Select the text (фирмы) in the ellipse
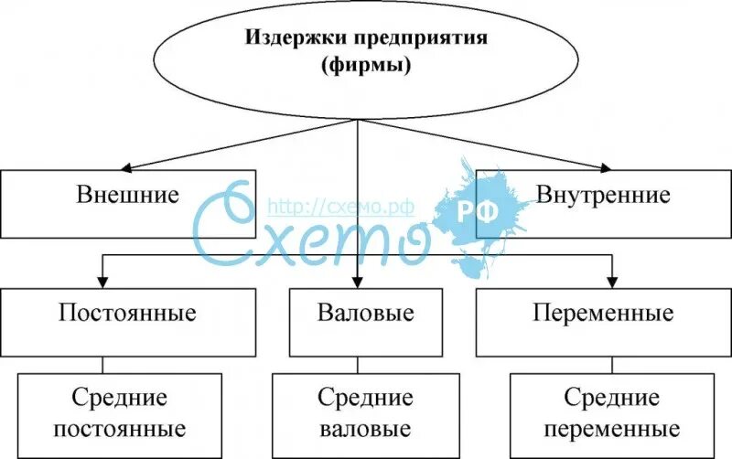(x=356, y=66)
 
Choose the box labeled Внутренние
(x=603, y=202)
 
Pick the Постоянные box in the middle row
(x=127, y=322)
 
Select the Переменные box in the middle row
(x=603, y=322)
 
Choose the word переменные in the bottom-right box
(x=610, y=429)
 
